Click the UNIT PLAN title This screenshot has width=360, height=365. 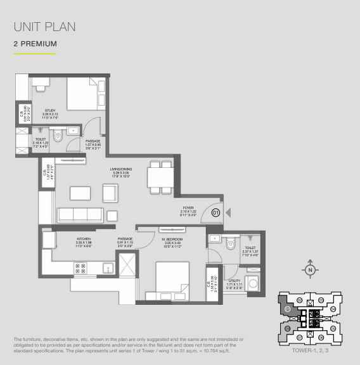click(x=44, y=27)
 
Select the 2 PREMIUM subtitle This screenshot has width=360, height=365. click(x=35, y=44)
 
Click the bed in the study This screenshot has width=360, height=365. click(x=81, y=95)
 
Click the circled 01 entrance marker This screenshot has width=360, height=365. click(x=215, y=213)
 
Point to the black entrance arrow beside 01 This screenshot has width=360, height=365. click(x=228, y=213)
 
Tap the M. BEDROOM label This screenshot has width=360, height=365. click(x=155, y=240)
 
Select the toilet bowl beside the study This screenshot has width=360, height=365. click(x=58, y=134)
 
